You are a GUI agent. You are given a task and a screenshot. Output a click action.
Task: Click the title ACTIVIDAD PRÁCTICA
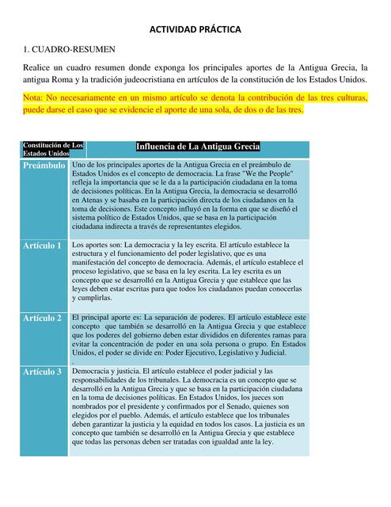[x=195, y=29]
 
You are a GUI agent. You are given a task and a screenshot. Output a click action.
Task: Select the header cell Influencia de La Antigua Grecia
[x=197, y=147]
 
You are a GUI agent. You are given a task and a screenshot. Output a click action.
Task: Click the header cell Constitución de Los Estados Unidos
[x=53, y=148]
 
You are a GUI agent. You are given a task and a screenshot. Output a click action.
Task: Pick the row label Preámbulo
[x=44, y=166]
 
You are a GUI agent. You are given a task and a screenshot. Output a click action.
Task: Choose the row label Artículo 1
[x=43, y=246]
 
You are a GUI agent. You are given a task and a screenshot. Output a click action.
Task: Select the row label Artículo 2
[x=43, y=318]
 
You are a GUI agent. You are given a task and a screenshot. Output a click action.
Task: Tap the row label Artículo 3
[x=43, y=372]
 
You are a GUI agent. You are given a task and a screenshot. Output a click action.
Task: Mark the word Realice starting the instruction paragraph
[x=39, y=67]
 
